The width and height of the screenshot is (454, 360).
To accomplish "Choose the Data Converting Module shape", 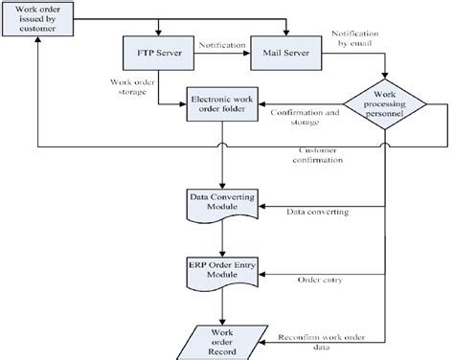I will coord(222,203).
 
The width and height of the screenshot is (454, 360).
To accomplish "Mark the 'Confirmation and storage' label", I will coord(306,117).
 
